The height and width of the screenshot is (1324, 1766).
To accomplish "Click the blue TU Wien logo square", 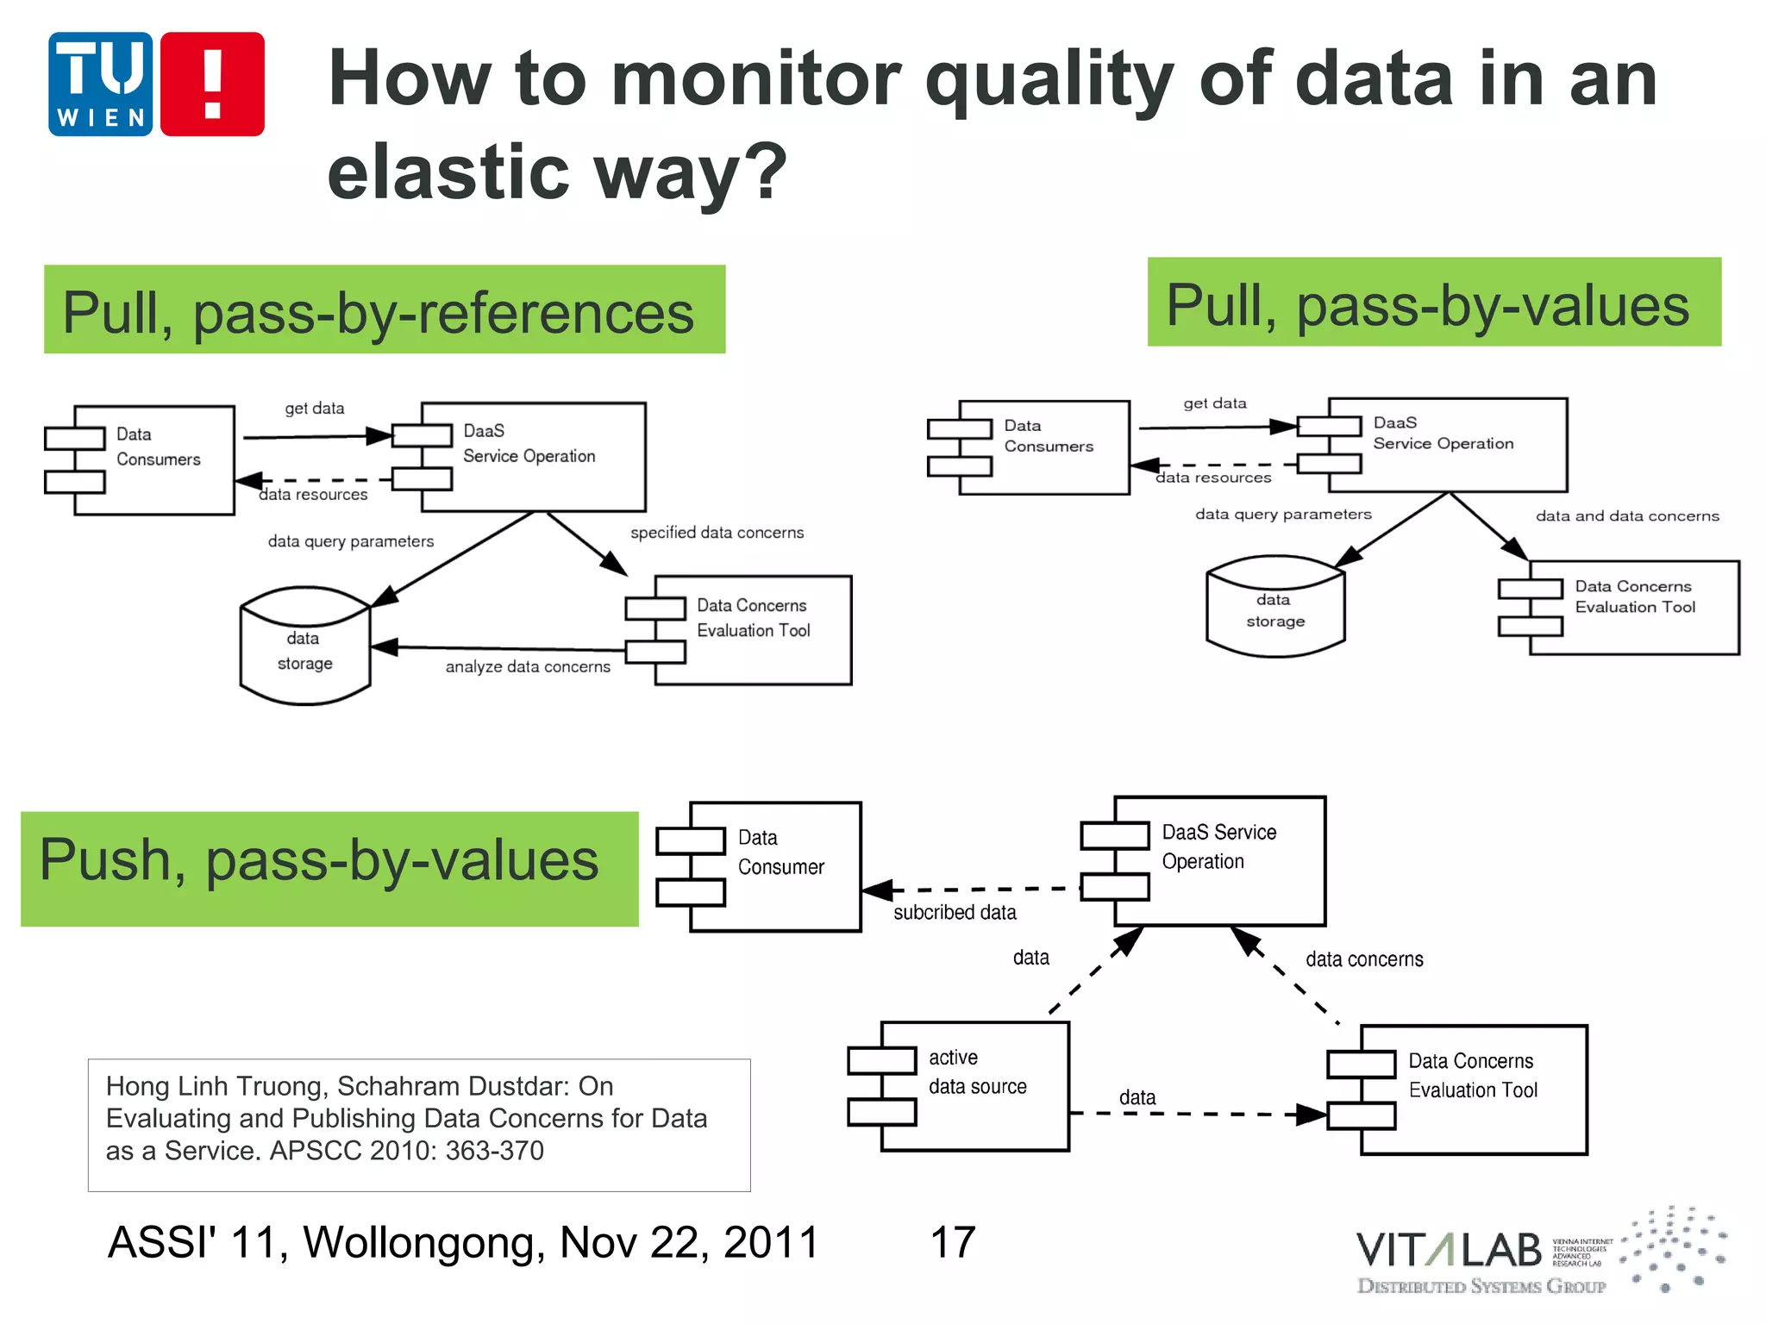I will pyautogui.click(x=100, y=84).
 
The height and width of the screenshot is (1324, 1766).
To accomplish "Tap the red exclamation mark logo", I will pyautogui.click(x=212, y=84).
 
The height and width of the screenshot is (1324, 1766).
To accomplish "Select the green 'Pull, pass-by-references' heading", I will pyautogui.click(x=384, y=310).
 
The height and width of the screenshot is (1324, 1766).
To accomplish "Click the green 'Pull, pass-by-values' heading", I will pyautogui.click(x=1433, y=303).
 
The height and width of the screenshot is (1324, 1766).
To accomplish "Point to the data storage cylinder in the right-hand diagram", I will pyautogui.click(x=1274, y=609).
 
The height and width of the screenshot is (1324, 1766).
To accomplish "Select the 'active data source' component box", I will pyautogui.click(x=974, y=1086).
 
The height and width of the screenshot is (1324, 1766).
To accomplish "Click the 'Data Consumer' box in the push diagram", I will pyautogui.click(x=776, y=865).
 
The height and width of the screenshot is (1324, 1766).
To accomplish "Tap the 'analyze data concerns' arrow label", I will pyautogui.click(x=527, y=666).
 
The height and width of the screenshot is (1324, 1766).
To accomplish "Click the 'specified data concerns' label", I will pyautogui.click(x=717, y=533).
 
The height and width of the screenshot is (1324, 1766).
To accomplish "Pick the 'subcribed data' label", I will pyautogui.click(x=954, y=912).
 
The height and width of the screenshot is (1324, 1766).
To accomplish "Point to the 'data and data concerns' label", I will pyautogui.click(x=1626, y=516).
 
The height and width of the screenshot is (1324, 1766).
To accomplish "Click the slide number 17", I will pyautogui.click(x=952, y=1242).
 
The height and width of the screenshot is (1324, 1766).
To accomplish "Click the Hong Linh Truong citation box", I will pyautogui.click(x=419, y=1124).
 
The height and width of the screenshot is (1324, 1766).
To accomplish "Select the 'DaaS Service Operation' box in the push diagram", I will pyautogui.click(x=1218, y=860).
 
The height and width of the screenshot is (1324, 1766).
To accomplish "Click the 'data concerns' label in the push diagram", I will pyautogui.click(x=1363, y=959).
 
